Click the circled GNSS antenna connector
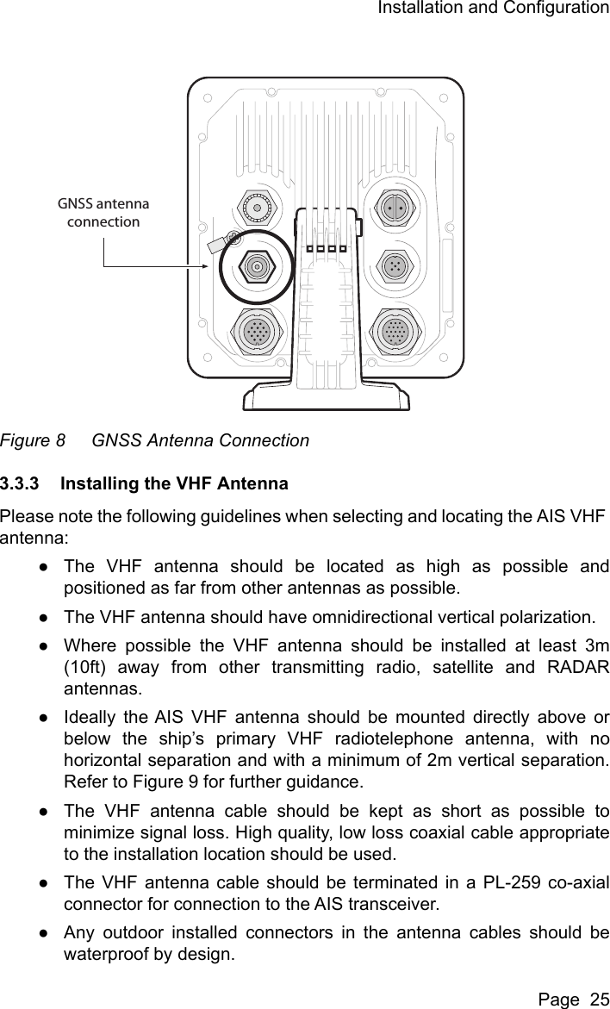point(256,266)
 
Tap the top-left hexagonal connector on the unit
point(256,207)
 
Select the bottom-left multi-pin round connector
point(256,331)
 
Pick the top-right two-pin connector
point(395,208)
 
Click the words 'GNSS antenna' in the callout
point(103,204)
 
